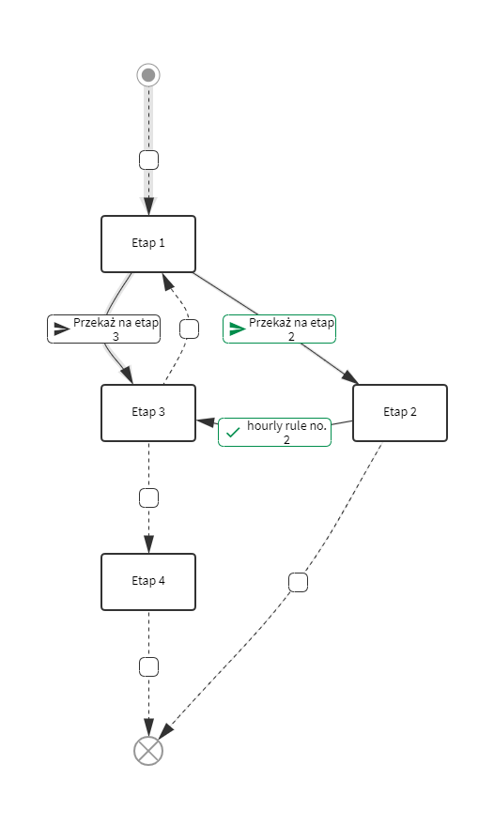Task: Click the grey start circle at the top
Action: [148, 75]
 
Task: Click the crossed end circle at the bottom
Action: [148, 751]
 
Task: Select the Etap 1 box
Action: [148, 244]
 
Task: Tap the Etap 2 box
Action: [400, 413]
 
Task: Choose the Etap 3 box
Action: [148, 413]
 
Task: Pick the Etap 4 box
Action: [148, 582]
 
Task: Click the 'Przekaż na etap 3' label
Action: [104, 329]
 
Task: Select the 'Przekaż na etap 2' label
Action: [280, 329]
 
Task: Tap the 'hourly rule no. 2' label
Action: [274, 433]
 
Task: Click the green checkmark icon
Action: [233, 433]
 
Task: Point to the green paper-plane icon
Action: [238, 329]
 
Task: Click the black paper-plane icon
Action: [62, 329]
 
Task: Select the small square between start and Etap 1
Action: [148, 160]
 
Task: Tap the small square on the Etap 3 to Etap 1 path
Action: [190, 329]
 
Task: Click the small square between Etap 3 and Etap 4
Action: [148, 497]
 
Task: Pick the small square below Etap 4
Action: [148, 667]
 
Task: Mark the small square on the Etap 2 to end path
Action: [299, 582]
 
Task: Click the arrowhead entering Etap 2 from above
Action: [350, 377]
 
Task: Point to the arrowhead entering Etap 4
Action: [148, 544]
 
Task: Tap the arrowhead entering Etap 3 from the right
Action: [206, 421]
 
